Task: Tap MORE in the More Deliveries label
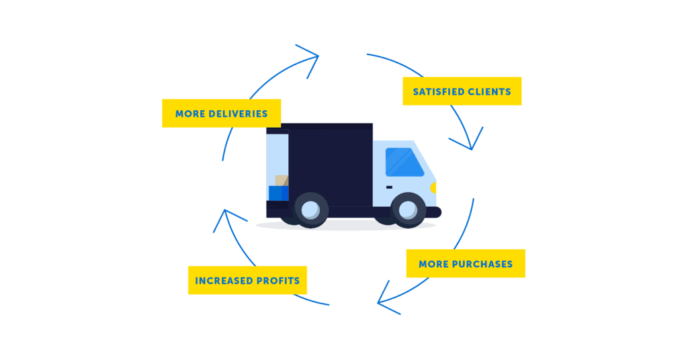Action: pos(189,114)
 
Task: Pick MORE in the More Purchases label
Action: pos(433,264)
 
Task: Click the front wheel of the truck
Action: pos(408,209)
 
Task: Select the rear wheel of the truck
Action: pos(311,209)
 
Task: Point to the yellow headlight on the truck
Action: pos(433,187)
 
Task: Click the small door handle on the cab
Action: pos(389,187)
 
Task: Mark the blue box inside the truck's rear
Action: pos(278,193)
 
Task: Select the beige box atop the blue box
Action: pos(282,181)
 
